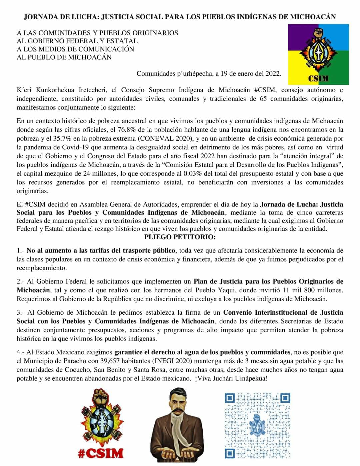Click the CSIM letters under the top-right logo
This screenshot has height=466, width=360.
pos(318,79)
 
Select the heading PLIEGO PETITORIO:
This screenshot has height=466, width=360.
pos(180,237)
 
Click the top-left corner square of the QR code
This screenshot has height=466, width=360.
pos(230,398)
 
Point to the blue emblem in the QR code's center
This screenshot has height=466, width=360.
pos(257,424)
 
